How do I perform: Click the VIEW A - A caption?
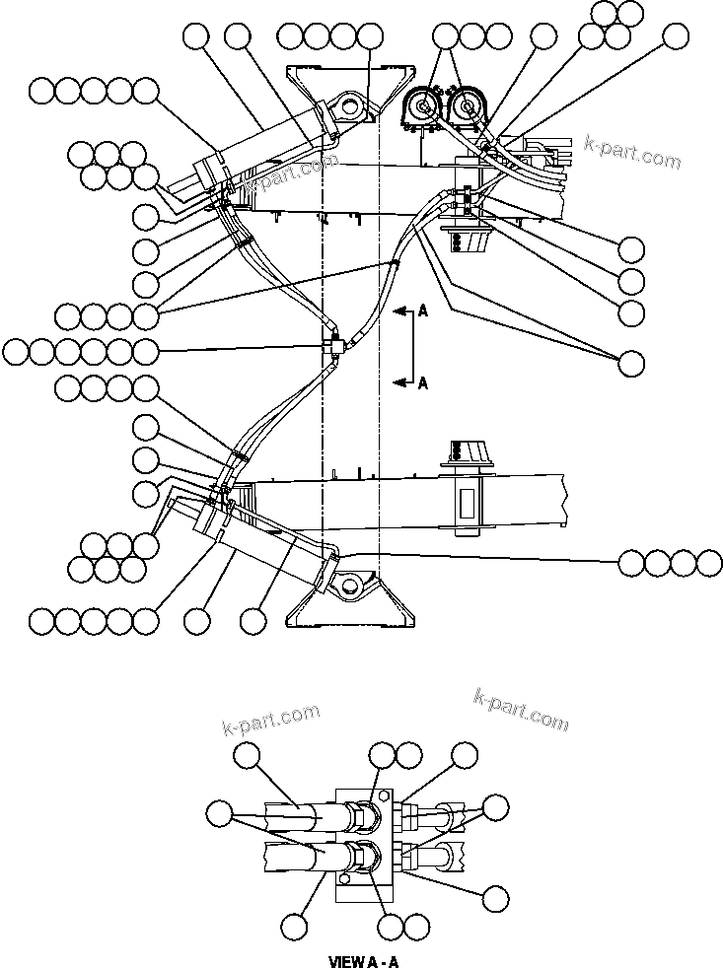click(362, 959)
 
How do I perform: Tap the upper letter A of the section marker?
click(422, 311)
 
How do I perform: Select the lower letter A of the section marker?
click(422, 384)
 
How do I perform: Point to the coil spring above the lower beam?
click(456, 450)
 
